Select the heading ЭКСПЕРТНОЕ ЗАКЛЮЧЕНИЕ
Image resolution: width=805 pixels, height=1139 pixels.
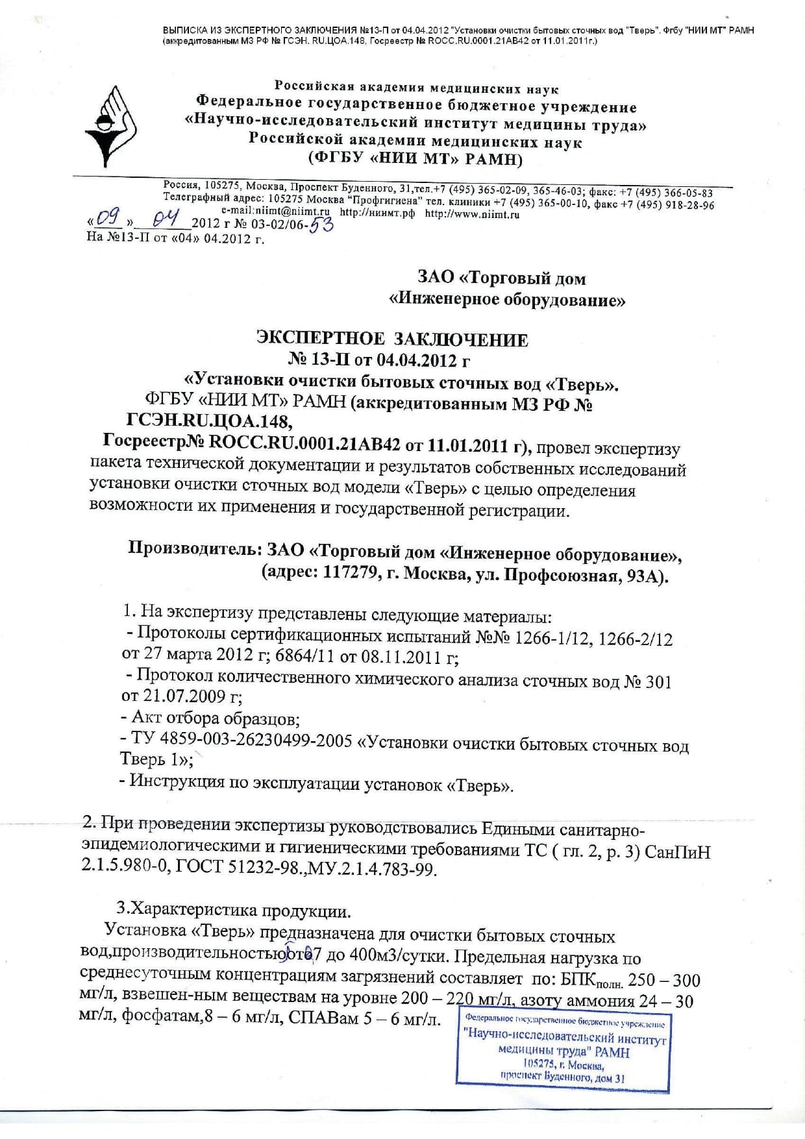click(393, 339)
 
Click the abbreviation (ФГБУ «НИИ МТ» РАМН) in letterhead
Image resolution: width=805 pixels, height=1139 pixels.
click(416, 160)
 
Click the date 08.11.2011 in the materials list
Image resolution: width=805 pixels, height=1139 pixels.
click(397, 657)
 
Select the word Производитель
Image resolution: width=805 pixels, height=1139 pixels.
click(194, 550)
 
